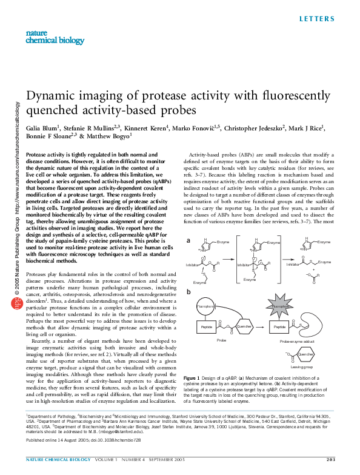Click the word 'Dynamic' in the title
click(55, 97)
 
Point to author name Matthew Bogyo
click(109, 137)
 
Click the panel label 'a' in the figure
click(188, 241)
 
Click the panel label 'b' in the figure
click(188, 292)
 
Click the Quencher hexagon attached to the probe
click(244, 326)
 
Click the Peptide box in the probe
click(205, 326)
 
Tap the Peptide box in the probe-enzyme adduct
click(279, 326)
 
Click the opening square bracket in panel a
click(236, 258)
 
